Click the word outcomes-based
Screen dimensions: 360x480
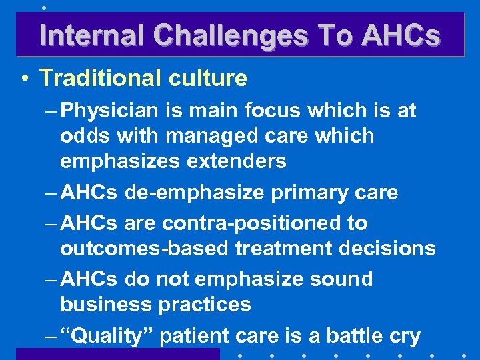(139, 249)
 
